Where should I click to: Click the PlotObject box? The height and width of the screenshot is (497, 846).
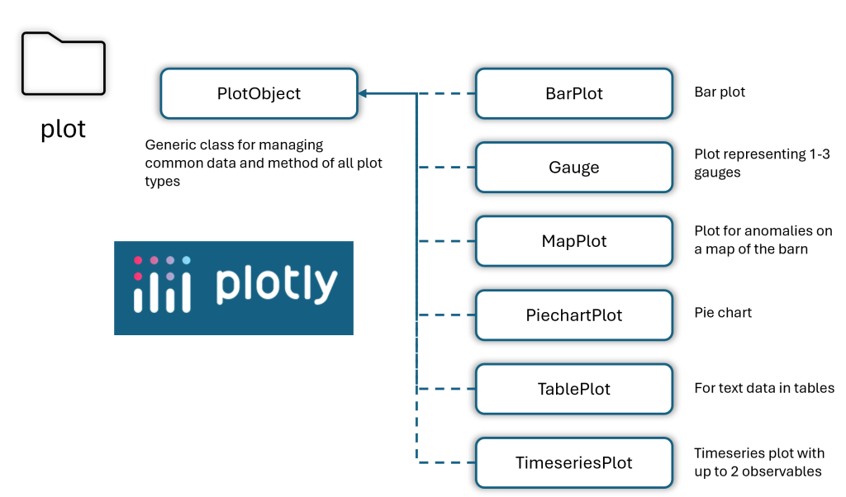pyautogui.click(x=259, y=93)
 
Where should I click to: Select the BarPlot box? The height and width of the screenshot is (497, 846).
pyautogui.click(x=574, y=93)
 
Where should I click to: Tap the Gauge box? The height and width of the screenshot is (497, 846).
pyautogui.click(x=574, y=167)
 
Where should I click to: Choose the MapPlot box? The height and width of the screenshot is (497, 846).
pyautogui.click(x=574, y=241)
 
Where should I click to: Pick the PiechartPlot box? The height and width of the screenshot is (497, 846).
pyautogui.click(x=574, y=315)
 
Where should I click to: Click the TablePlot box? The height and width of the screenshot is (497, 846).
pyautogui.click(x=574, y=389)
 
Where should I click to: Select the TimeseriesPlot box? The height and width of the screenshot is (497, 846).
pyautogui.click(x=574, y=462)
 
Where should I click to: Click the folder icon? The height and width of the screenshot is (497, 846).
pyautogui.click(x=63, y=64)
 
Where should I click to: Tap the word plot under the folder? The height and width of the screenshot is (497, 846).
pyautogui.click(x=63, y=130)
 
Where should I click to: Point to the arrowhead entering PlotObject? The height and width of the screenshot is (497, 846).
pyautogui.click(x=363, y=93)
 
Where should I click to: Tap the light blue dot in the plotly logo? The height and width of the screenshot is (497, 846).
pyautogui.click(x=186, y=260)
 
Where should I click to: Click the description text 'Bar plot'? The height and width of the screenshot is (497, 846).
pyautogui.click(x=720, y=92)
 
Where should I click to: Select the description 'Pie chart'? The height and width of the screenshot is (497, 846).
pyautogui.click(x=722, y=313)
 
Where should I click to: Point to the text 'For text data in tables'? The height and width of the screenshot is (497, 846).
pyautogui.click(x=764, y=388)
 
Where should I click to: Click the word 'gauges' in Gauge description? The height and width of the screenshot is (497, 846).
pyautogui.click(x=717, y=173)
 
